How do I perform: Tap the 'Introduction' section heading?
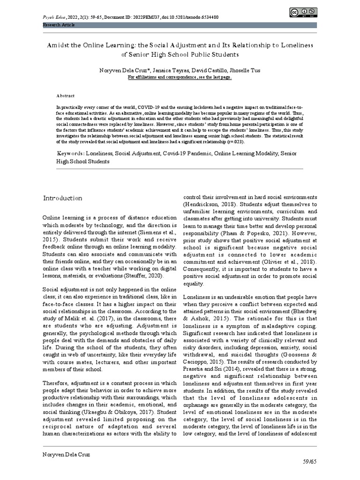pyautogui.click(x=62, y=198)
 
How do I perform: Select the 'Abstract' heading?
pyautogui.click(x=66, y=95)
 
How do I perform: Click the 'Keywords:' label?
pyautogui.click(x=71, y=153)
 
